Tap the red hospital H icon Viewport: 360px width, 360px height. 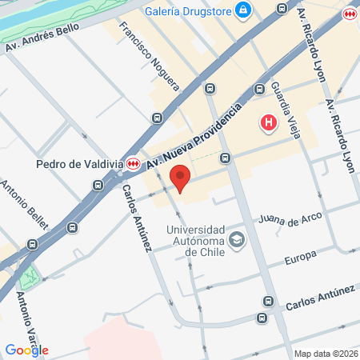tap(269, 123)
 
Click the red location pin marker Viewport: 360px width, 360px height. tap(180, 178)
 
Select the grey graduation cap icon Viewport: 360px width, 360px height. tap(237, 239)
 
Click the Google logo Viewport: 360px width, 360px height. tap(26, 350)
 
